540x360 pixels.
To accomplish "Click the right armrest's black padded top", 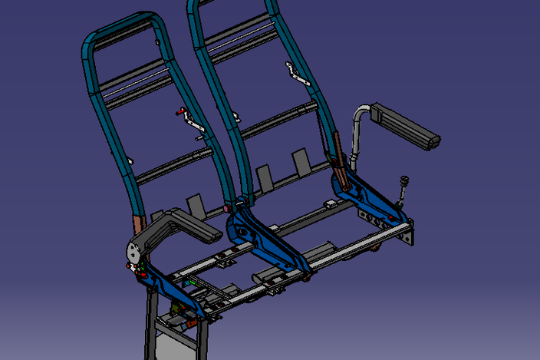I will coord(407,127).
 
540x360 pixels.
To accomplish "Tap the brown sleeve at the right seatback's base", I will coord(335,145).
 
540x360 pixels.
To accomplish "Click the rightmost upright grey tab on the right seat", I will coord(299,162).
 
